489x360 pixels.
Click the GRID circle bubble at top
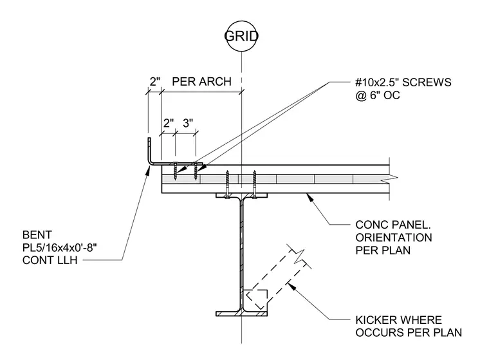coord(241,21)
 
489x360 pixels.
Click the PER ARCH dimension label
coord(202,82)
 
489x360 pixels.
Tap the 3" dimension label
coord(188,123)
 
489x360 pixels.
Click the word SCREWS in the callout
coord(427,82)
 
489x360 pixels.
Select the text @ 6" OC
coord(377,95)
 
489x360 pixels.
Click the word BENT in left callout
coord(37,235)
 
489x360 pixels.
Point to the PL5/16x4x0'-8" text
coord(60,247)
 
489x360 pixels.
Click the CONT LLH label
coord(50,260)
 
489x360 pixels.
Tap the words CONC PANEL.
coord(393,225)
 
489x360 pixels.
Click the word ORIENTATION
coord(394,238)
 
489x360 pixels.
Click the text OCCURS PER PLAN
coord(409,333)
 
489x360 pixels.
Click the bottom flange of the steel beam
coord(242,314)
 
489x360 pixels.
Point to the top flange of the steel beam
coord(242,195)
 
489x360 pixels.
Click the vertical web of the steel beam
coord(242,254)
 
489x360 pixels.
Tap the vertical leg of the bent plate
coord(149,150)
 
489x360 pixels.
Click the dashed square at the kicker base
coord(256,299)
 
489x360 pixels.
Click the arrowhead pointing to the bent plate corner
coord(148,169)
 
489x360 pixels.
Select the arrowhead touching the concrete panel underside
coord(309,196)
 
